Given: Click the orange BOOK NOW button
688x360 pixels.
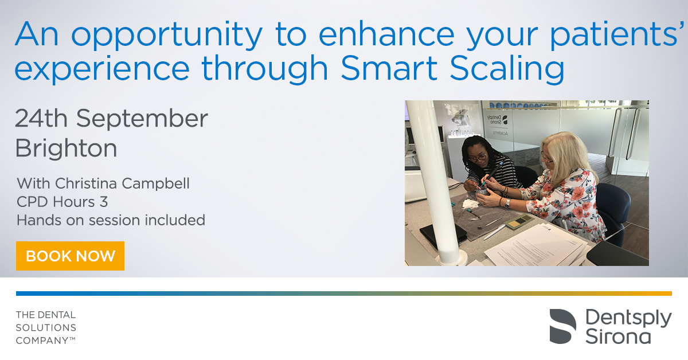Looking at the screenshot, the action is coord(70,256).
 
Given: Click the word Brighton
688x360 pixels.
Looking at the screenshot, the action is coord(66,148).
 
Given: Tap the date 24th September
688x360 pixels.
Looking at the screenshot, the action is coord(111,118).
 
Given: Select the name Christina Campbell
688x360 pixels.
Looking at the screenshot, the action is coord(122,183).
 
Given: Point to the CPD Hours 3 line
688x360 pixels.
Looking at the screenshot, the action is coord(62,202).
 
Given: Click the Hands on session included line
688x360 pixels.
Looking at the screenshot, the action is coord(111,220).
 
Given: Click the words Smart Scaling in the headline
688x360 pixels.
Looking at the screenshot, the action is coord(452,68).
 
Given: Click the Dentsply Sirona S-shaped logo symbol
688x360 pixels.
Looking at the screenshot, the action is coord(562,326).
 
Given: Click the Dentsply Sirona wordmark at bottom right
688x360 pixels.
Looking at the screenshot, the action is coord(628,326).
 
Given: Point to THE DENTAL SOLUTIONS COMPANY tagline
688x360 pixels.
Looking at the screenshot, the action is coord(46,327).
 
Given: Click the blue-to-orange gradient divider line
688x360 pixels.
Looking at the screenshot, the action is coord(344,294).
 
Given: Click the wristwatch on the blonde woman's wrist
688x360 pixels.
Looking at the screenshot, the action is coord(507,204).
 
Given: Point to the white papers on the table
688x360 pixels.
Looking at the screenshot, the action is coord(536,246).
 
